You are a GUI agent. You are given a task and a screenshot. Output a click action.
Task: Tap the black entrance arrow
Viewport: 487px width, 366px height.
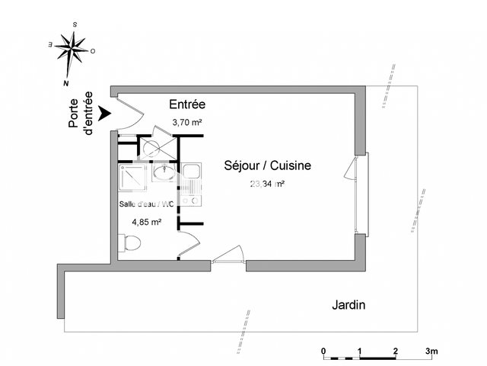(105, 113)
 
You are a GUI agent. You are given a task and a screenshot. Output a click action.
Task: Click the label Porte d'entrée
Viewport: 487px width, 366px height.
(81, 114)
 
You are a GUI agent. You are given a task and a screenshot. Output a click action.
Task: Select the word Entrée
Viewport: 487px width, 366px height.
(187, 104)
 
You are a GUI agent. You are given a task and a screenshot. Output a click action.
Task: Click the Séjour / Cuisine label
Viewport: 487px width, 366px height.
(266, 165)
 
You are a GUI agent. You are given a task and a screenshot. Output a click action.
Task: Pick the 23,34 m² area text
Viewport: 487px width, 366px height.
(266, 184)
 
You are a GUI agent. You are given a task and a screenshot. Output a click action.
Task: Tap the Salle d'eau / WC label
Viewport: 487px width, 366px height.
(147, 204)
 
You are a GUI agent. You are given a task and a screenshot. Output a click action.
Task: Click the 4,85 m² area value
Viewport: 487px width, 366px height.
(146, 222)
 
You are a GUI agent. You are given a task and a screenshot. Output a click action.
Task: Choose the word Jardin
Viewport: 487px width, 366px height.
(349, 305)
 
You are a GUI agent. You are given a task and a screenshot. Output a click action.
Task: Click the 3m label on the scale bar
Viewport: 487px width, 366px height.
(431, 352)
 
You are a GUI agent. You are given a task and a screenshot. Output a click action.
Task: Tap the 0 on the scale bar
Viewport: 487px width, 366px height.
(323, 352)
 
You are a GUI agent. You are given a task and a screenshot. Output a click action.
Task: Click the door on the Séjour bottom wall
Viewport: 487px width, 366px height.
(228, 258)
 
